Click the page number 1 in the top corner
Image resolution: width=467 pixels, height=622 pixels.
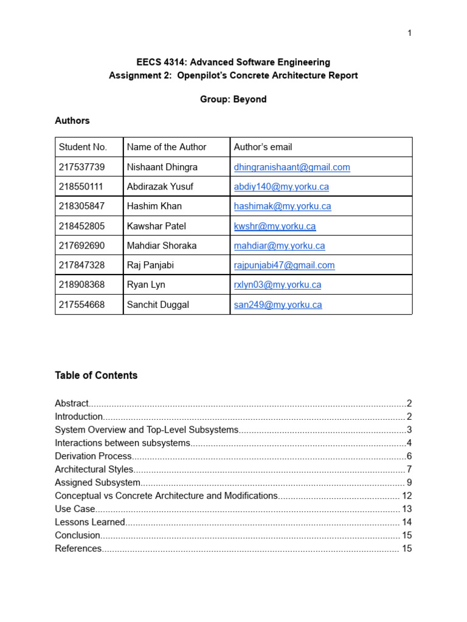pos(410,33)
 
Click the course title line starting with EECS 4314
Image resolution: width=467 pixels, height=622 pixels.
pos(233,62)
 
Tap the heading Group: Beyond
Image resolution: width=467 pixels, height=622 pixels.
pos(233,99)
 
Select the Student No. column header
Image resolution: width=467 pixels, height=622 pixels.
pos(83,147)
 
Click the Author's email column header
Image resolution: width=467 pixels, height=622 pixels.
pos(263,147)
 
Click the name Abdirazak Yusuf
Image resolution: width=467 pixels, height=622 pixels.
pos(157,186)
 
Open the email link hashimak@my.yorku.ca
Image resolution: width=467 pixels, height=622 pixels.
pos(282,206)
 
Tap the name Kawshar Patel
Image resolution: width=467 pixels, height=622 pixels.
pos(156,226)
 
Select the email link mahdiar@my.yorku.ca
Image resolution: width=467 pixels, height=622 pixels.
pos(279,245)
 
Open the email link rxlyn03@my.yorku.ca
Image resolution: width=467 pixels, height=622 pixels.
pos(277,284)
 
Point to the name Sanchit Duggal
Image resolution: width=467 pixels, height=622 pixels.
pos(158,304)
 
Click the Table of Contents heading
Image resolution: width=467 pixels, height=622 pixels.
pos(96,375)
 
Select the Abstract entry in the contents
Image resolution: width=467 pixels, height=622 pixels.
pos(72,403)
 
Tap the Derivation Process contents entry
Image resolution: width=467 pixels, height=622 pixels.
pos(93,456)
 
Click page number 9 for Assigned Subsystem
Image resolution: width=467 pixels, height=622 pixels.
pos(409,483)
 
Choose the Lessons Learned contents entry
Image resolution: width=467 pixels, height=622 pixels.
pos(90,522)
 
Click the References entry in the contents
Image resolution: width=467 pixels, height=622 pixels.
pos(78,549)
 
